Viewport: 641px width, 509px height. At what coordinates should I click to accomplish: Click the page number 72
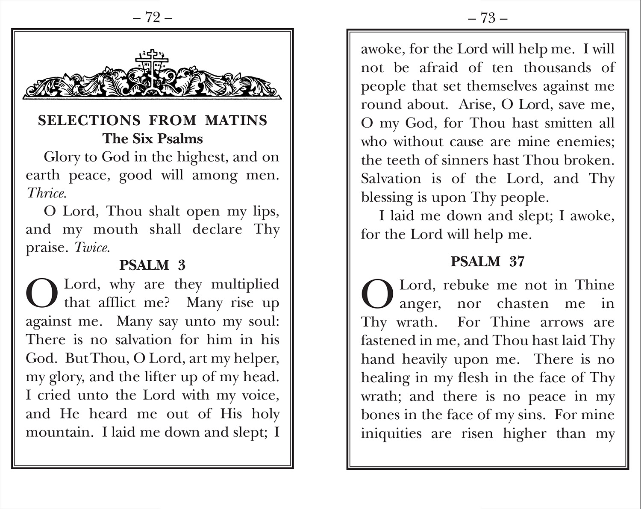click(153, 18)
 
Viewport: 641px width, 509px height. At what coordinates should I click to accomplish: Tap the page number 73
click(488, 18)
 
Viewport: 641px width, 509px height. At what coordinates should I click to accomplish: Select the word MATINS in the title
click(236, 121)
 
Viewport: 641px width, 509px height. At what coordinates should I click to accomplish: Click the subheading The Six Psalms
click(153, 138)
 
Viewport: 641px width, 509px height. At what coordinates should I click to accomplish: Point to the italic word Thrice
click(46, 193)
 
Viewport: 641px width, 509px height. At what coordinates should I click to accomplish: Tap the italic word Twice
click(92, 247)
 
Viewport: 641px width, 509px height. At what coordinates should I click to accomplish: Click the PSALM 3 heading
click(153, 265)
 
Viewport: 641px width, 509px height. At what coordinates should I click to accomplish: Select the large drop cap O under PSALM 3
click(42, 294)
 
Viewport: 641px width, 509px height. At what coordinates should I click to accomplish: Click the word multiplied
click(245, 284)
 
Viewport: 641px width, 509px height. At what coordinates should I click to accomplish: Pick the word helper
click(256, 358)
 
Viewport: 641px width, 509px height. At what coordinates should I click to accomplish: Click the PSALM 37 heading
click(488, 262)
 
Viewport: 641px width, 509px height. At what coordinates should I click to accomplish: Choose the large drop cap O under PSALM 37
click(377, 294)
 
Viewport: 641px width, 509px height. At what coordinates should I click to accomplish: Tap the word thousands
click(557, 68)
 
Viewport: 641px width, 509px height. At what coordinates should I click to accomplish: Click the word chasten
click(523, 303)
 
